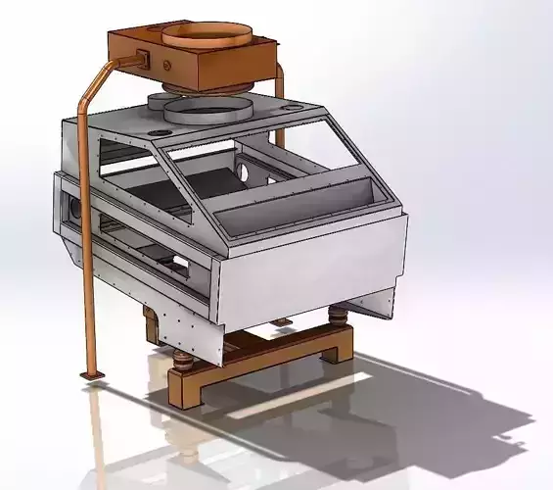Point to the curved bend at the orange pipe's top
(x=89, y=86)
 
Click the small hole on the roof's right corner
(x=293, y=104)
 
